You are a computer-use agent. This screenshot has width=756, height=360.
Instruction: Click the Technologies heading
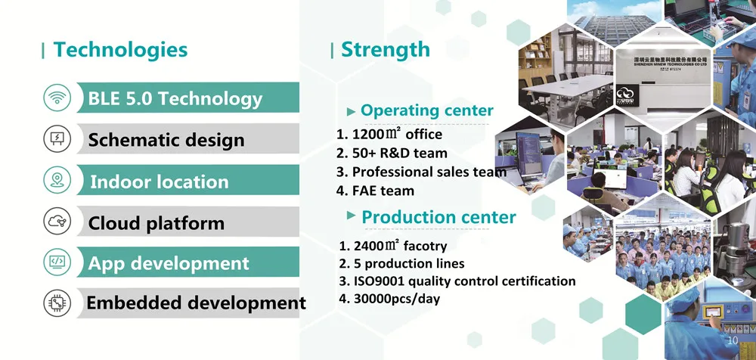pos(120,50)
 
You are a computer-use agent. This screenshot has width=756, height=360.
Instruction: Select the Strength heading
pos(386,50)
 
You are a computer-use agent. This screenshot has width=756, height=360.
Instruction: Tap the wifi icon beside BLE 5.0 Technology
pos(57,98)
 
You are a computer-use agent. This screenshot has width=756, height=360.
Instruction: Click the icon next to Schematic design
pos(57,139)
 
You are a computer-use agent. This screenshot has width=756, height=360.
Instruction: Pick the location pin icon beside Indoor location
pos(57,180)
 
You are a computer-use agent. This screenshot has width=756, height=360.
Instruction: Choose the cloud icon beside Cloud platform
pos(57,221)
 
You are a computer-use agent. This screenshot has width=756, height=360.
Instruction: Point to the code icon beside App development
pos(57,262)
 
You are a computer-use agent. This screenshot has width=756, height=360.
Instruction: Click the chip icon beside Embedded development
pos(57,303)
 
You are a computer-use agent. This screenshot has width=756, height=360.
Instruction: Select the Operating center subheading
pos(426,111)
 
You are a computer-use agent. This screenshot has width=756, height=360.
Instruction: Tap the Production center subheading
pos(438,218)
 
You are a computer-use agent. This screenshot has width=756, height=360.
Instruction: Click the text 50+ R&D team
pos(392,153)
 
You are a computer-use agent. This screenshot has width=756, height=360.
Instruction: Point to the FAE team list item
pos(375,191)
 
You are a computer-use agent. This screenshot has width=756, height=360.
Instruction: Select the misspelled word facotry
pos(425,246)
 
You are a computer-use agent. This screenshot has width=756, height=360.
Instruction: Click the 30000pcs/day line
pos(389,299)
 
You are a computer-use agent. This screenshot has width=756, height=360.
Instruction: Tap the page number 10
pos(733,340)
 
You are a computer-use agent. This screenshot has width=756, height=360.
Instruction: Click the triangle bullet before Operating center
pos(352,112)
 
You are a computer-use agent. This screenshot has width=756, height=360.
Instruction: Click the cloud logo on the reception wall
pos(627,95)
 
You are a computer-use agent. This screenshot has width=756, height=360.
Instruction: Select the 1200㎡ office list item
pos(389,134)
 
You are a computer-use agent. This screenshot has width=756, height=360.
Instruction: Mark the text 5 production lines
pos(401,264)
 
